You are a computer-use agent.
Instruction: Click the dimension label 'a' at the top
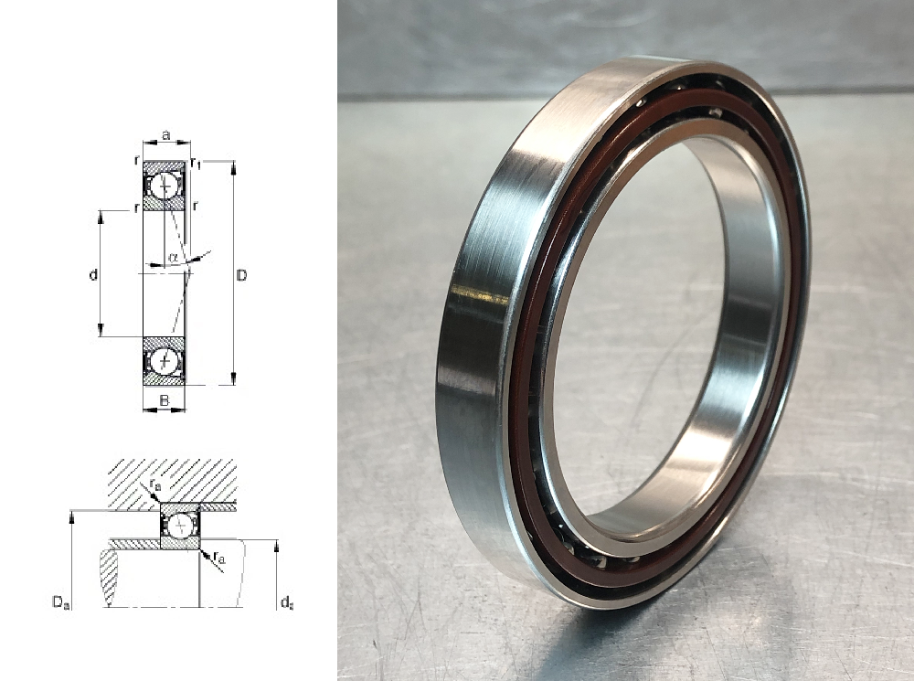pyautogui.click(x=165, y=134)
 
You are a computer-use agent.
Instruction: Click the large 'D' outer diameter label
pyautogui.click(x=241, y=275)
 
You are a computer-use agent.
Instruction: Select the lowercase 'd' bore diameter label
pyautogui.click(x=93, y=275)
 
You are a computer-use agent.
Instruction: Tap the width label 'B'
pyautogui.click(x=164, y=400)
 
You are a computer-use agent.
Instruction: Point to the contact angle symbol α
pyautogui.click(x=173, y=257)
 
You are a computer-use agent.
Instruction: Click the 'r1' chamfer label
pyautogui.click(x=197, y=164)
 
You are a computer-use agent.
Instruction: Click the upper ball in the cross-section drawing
pyautogui.click(x=165, y=187)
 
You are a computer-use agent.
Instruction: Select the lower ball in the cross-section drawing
pyautogui.click(x=165, y=361)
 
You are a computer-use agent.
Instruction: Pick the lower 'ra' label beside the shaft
pyautogui.click(x=220, y=558)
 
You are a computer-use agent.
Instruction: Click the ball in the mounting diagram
pyautogui.click(x=180, y=527)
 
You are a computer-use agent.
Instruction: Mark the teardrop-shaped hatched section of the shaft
pyautogui.click(x=109, y=576)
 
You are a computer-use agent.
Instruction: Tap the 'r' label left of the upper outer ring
pyautogui.click(x=135, y=160)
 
